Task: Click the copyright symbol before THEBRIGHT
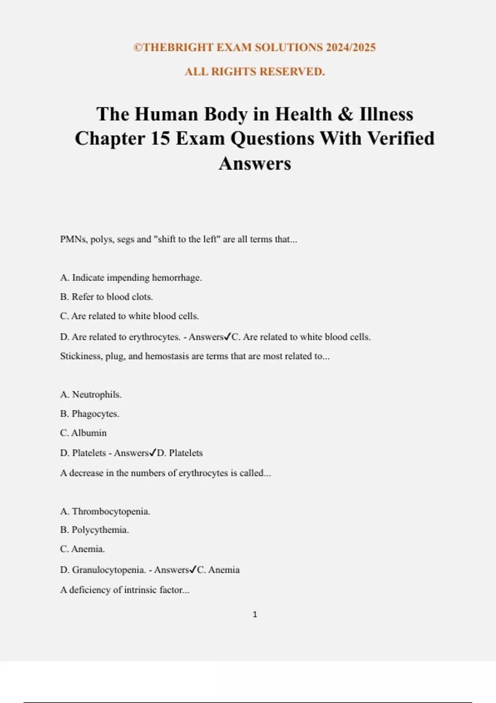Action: coord(138,48)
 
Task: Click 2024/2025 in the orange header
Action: coord(351,48)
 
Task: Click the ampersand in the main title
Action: coord(346,114)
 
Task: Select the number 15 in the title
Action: coord(160,139)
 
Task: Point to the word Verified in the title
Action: coord(401,139)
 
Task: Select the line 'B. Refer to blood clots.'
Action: coord(107,297)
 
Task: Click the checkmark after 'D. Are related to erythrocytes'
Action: coord(227,337)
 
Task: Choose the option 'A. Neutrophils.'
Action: coord(91,395)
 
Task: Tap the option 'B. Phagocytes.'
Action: coord(90,414)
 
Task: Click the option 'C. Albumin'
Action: coord(83,433)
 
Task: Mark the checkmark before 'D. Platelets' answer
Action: coord(153,453)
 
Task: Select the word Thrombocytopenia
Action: coord(111,512)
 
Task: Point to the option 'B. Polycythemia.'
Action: coord(95,530)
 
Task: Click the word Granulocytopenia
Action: coord(109,570)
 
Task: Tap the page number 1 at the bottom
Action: coord(255,615)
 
